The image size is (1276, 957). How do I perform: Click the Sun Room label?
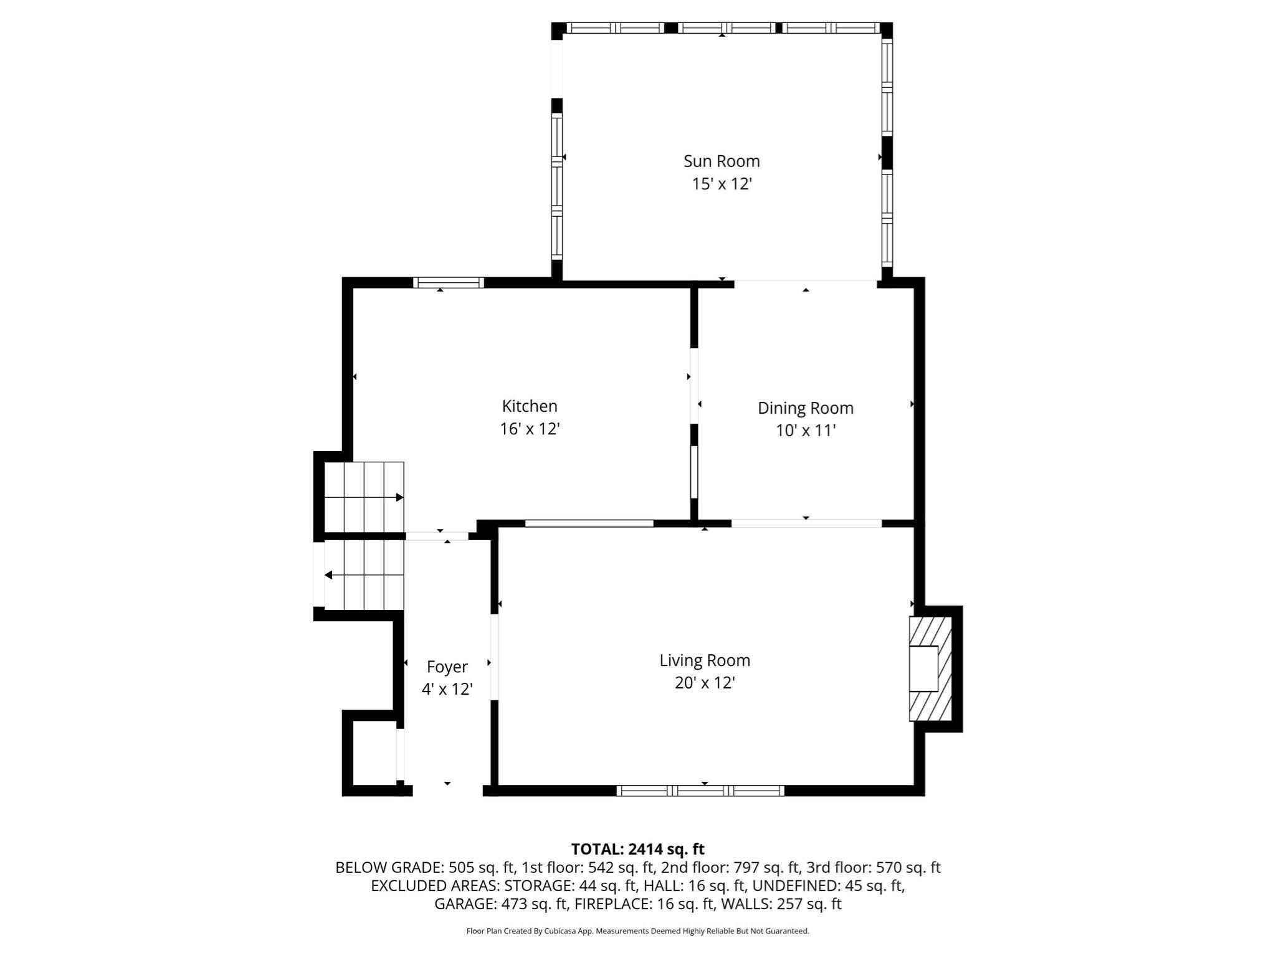721,161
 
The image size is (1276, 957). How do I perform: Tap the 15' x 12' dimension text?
721,184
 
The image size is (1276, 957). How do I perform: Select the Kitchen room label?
530,406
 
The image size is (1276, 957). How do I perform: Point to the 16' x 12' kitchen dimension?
530,429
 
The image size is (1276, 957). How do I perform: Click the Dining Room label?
805,408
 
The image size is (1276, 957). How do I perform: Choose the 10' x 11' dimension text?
805,431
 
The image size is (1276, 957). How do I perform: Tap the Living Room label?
705,660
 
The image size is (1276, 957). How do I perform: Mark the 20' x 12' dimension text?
705,683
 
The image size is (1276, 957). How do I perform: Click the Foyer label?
447,667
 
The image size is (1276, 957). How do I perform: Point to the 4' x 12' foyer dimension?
447,690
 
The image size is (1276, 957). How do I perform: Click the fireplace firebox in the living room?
923,669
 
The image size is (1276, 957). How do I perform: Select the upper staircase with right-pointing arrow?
364,497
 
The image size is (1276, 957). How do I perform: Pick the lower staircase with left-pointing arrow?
364,574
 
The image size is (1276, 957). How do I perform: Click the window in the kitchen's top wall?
448,283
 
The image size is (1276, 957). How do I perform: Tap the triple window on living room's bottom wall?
700,791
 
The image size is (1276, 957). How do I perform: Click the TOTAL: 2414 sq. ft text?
637,849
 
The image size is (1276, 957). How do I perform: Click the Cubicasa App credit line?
637,931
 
